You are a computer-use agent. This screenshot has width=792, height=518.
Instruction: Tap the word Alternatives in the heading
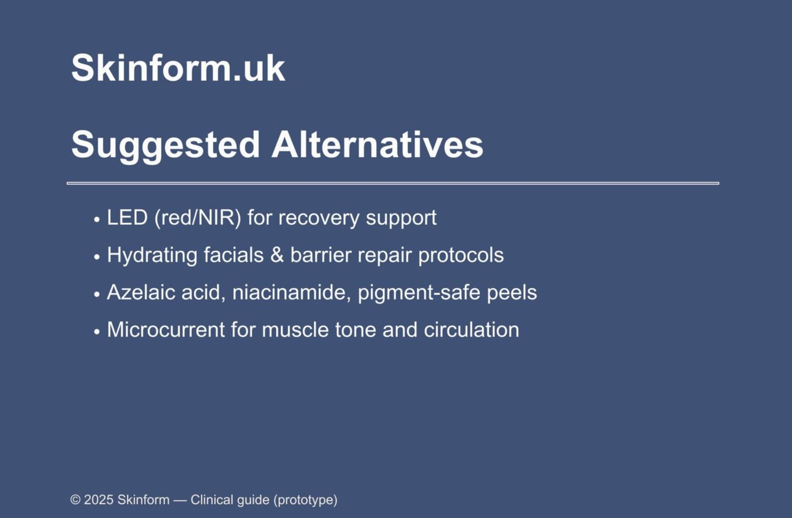pos(377,145)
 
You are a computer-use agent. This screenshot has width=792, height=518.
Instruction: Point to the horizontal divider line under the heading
pos(393,183)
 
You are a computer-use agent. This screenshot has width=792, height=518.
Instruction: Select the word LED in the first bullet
pos(127,217)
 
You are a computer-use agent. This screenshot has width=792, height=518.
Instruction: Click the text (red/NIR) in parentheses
pos(198,218)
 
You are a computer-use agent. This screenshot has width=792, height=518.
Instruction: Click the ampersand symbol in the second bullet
pos(277,255)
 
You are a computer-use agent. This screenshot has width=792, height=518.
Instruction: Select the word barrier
pos(321,255)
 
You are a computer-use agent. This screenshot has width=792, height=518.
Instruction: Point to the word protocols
pos(461,256)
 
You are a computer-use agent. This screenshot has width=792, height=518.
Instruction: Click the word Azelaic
pos(141,292)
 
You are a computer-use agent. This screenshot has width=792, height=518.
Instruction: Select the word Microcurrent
pos(166,330)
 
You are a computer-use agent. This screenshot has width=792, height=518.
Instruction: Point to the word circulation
pos(471,330)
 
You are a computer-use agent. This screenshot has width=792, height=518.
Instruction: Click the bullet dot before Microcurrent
pos(97,332)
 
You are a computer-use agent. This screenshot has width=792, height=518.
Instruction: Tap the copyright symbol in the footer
pos(75,500)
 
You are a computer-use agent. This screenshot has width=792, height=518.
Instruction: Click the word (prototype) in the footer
pos(305,500)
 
